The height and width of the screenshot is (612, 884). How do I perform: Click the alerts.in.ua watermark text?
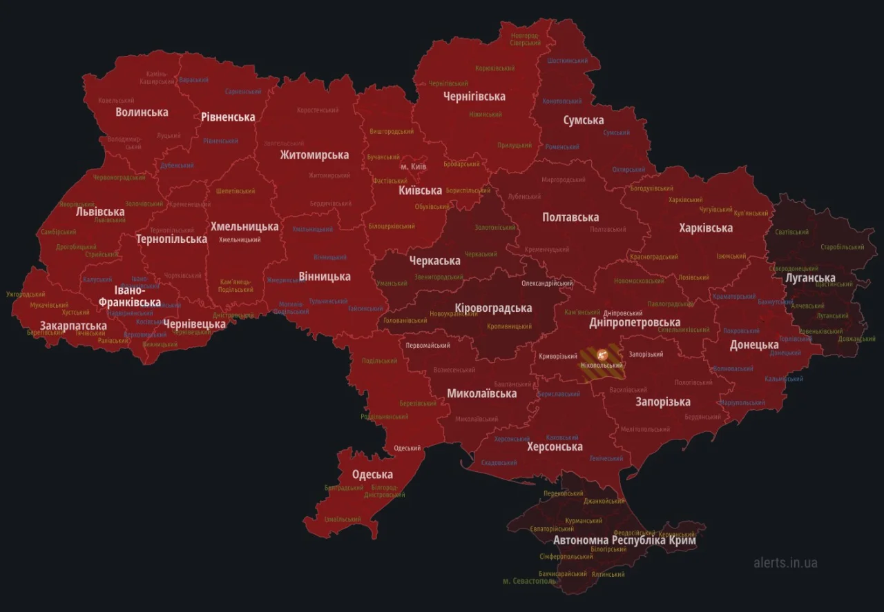point(785,562)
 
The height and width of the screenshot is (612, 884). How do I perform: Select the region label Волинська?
point(142,112)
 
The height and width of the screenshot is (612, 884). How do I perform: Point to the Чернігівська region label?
point(474,96)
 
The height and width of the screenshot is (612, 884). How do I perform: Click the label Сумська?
point(583,120)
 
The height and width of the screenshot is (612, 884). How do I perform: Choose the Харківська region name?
point(705,228)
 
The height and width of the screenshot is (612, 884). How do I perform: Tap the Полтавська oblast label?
point(570,217)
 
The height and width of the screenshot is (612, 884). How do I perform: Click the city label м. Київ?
point(413,167)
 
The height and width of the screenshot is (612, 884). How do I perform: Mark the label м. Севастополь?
point(530,581)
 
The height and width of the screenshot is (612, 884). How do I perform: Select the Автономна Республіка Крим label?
point(624,540)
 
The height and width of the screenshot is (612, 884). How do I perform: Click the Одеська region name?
point(372,474)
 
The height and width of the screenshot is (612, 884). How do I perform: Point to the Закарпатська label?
point(73,326)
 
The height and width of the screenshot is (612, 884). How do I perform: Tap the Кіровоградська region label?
point(493,308)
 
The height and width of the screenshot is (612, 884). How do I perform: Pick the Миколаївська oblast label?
point(481,393)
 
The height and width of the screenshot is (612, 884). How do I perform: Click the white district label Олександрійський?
point(547,283)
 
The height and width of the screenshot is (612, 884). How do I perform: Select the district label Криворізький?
point(558,356)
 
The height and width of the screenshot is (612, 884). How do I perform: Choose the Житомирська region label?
point(314,155)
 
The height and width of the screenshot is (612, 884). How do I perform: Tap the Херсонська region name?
point(555,446)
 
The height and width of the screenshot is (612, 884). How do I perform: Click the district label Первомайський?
point(427,346)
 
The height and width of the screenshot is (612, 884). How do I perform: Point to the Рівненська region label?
point(228,117)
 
